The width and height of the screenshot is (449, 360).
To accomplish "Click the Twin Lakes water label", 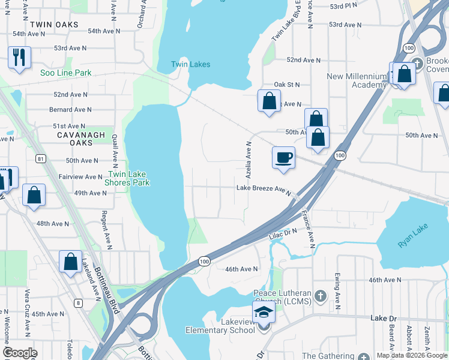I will click(x=190, y=64).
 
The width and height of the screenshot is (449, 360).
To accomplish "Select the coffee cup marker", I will click(x=284, y=158).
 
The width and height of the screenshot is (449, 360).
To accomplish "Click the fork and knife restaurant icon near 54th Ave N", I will click(x=19, y=58).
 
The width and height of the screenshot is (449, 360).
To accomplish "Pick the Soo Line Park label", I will click(x=65, y=73).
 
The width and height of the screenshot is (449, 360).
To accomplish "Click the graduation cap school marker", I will click(x=263, y=313).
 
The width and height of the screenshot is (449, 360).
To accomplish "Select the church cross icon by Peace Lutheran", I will click(x=321, y=296).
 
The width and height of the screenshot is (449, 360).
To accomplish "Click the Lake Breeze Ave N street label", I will click(x=264, y=188).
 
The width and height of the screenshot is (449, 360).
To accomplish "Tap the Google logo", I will click(x=20, y=353).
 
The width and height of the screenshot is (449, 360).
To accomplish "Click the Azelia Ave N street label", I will click(x=247, y=154).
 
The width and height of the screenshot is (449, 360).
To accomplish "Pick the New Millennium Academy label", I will click(x=357, y=80).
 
